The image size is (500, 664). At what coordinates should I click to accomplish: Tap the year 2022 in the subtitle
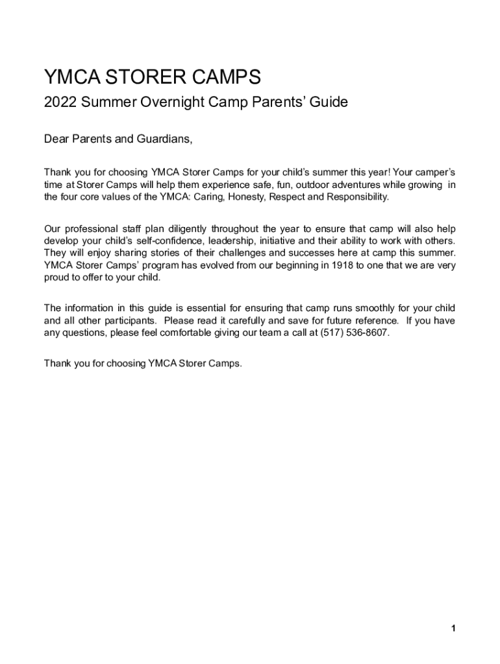point(60,102)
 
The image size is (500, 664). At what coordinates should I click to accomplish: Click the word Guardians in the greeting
point(164,139)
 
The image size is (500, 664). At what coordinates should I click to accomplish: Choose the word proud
point(56,278)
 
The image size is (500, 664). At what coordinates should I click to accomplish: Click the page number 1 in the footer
point(455,628)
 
